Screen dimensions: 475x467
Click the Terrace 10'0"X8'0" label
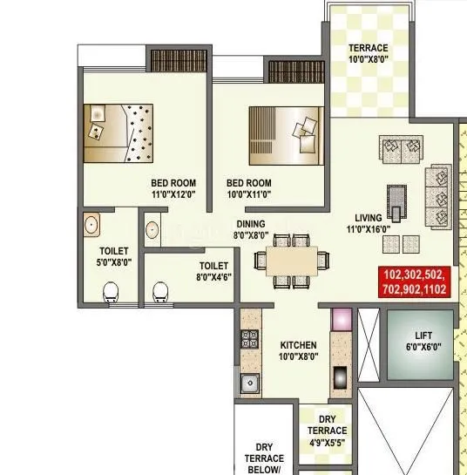369,54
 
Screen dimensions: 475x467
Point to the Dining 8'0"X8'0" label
250,229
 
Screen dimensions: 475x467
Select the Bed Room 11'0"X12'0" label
173,189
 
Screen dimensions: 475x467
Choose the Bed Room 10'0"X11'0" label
249,189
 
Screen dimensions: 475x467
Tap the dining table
290,260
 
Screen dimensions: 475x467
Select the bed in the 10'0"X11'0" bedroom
286,134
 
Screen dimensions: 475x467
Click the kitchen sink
251,381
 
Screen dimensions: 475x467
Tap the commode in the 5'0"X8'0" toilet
112,292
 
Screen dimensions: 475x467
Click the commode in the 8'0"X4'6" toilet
160,291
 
